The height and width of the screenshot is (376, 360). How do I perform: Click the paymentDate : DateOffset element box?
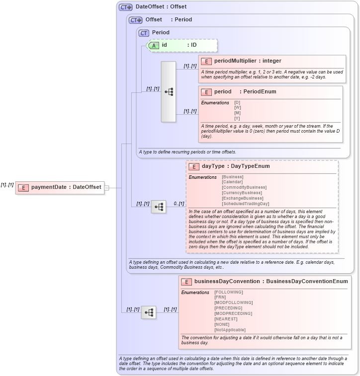point(60,187)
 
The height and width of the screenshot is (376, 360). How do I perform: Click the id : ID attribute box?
point(182,45)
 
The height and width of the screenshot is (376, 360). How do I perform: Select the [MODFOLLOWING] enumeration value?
point(233,302)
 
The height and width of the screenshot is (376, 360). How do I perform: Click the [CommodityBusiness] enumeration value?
point(244,187)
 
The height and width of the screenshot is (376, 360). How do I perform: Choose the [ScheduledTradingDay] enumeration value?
point(245,204)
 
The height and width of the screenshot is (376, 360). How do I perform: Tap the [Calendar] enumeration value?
point(232,182)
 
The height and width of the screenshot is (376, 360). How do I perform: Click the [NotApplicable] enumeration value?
point(230,330)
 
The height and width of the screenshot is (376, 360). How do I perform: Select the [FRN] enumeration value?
point(221,297)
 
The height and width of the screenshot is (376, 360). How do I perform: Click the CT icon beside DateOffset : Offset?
point(125,7)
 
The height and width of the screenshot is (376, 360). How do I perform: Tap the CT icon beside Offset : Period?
point(135,20)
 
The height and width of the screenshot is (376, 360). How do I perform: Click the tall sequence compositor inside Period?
point(169,92)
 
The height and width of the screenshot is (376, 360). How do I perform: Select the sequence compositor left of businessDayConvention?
point(149,312)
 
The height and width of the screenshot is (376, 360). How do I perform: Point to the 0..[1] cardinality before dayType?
point(179,204)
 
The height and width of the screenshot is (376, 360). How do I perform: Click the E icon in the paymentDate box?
point(23,187)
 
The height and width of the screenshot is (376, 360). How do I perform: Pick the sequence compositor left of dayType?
point(159,207)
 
